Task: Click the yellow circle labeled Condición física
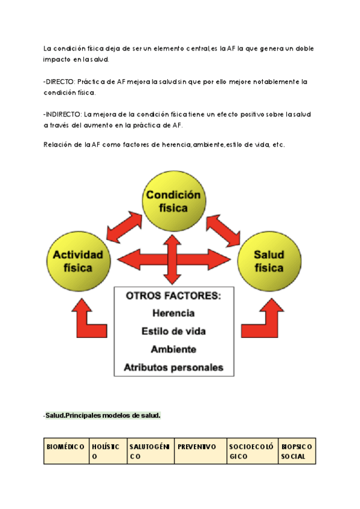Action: (x=173, y=202)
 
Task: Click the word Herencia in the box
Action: (x=173, y=313)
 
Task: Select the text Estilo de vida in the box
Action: (x=173, y=331)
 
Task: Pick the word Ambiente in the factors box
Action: (x=173, y=349)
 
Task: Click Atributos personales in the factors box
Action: (x=173, y=367)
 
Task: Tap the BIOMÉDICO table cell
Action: (x=65, y=451)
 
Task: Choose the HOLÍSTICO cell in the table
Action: (x=106, y=451)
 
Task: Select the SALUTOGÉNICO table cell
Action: (x=150, y=451)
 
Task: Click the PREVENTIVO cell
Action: (x=200, y=447)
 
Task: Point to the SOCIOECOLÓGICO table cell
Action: (x=251, y=451)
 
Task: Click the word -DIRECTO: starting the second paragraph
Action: (x=59, y=81)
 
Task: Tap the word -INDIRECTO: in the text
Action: (x=62, y=114)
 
